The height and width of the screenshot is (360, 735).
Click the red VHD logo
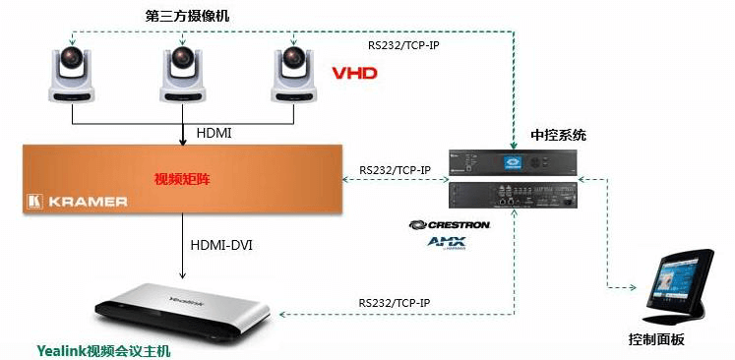[x=354, y=73]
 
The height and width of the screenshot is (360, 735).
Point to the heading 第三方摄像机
[x=187, y=17]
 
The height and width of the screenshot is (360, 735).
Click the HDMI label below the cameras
[x=214, y=133]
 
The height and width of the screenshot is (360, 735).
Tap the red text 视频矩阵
[x=182, y=179]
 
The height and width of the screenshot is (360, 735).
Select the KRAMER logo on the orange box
[x=78, y=202]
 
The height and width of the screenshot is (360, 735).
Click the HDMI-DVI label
[x=221, y=245]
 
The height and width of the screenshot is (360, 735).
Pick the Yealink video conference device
[x=182, y=310]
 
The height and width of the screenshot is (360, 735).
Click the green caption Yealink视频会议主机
[x=104, y=351]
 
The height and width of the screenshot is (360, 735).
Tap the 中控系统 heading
[x=558, y=136]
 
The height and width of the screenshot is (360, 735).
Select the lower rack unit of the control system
[x=514, y=195]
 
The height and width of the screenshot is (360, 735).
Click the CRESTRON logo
[x=449, y=225]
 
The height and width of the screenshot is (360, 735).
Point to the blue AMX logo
[x=447, y=243]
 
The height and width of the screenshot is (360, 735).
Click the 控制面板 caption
[x=656, y=339]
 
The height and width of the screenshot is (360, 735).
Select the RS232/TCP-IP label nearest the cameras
[x=403, y=46]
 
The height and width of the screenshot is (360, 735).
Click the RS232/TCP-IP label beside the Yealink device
[x=395, y=302]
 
